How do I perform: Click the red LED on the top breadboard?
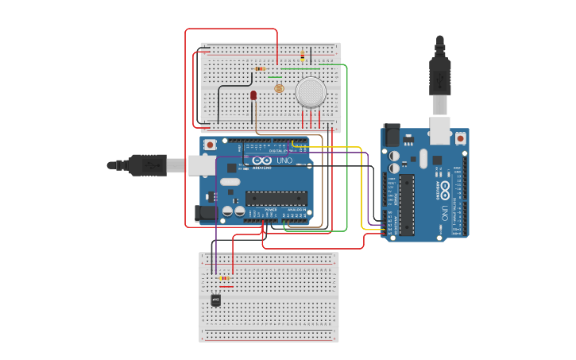pyautogui.click(x=253, y=95)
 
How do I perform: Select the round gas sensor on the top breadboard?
pyautogui.click(x=311, y=92)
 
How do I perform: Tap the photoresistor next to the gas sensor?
pyautogui.click(x=279, y=88)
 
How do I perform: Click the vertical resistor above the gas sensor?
pyautogui.click(x=303, y=56)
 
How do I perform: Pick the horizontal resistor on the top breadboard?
pyautogui.click(x=261, y=68)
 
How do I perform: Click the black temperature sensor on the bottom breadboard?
pyautogui.click(x=216, y=300)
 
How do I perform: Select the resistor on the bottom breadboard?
pyautogui.click(x=225, y=278)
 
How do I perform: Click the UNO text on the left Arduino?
pyautogui.click(x=284, y=161)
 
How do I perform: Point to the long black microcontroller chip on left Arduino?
pyautogui.click(x=276, y=197)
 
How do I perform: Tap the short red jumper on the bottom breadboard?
pyautogui.click(x=226, y=287)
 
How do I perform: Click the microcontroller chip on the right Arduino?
pyautogui.click(x=407, y=205)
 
